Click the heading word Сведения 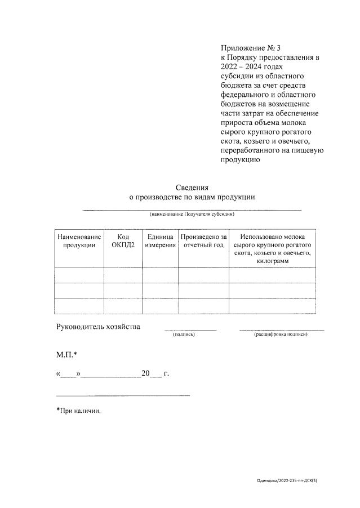192,188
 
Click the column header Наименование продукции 79,241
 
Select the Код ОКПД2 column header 123,241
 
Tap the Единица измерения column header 160,241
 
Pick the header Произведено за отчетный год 203,241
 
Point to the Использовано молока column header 272,237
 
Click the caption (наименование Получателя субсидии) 192,215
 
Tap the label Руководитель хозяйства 98,327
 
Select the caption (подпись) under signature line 184,335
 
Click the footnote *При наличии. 78,411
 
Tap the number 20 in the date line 146,373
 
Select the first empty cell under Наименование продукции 79,275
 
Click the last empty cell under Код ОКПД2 123,306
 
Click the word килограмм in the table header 272,262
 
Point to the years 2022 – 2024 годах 243,66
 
